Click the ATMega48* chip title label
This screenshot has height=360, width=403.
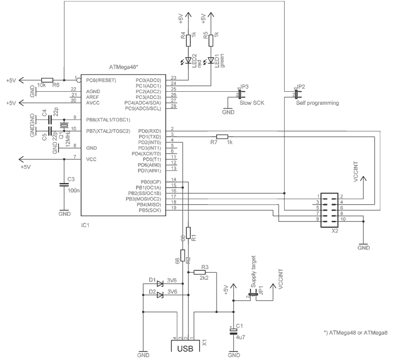124,67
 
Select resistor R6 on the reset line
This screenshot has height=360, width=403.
47,80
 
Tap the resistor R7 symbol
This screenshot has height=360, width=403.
222,136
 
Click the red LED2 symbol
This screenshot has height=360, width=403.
188,61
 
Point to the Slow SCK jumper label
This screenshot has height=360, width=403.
252,102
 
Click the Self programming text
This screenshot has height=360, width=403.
317,102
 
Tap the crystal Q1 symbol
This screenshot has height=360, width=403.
64,126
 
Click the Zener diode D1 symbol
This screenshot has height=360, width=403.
160,283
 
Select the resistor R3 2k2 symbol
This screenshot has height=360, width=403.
200,272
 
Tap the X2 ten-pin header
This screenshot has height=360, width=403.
332,208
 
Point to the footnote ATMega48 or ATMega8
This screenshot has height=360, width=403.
355,332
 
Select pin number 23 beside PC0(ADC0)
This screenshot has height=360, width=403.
174,78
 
